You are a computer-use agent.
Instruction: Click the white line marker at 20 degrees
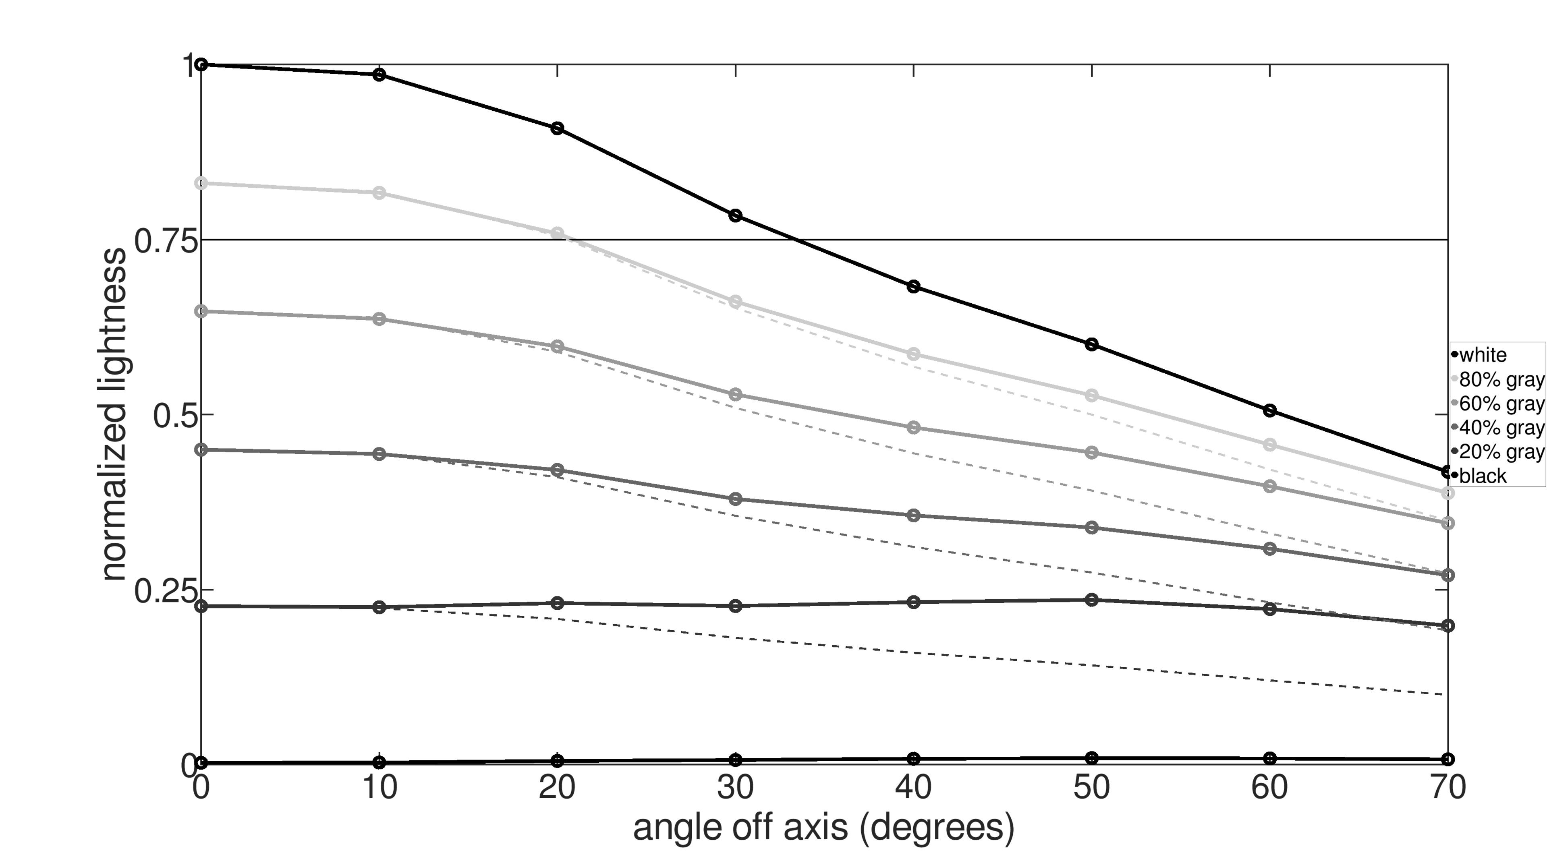pyautogui.click(x=557, y=128)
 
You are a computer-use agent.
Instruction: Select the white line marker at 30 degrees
pyautogui.click(x=735, y=215)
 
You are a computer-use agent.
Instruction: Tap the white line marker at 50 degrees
pyautogui.click(x=1092, y=344)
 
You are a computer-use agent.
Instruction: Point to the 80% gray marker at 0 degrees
pyautogui.click(x=202, y=183)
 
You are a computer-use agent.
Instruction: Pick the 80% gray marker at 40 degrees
pyautogui.click(x=913, y=354)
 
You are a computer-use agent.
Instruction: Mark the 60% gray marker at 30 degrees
pyautogui.click(x=735, y=394)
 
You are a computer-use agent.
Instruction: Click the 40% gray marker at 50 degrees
pyautogui.click(x=1092, y=528)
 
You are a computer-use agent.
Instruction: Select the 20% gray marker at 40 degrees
pyautogui.click(x=913, y=602)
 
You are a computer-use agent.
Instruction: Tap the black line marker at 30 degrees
pyautogui.click(x=735, y=760)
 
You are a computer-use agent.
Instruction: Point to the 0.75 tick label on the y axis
pyautogui.click(x=158, y=241)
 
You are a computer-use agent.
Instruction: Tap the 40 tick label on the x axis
pyautogui.click(x=913, y=788)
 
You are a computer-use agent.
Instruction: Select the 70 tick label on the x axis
pyautogui.click(x=1447, y=788)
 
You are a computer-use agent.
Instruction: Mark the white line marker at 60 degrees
pyautogui.click(x=1269, y=411)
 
